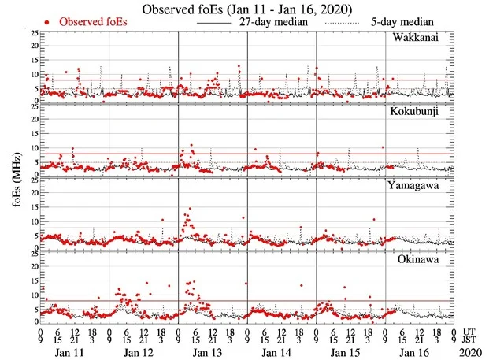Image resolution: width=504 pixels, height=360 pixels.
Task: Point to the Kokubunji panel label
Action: pos(417,112)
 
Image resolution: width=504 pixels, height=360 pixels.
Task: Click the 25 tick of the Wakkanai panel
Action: pos(33,33)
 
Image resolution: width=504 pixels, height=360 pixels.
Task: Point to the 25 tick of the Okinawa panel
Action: pos(33,252)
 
